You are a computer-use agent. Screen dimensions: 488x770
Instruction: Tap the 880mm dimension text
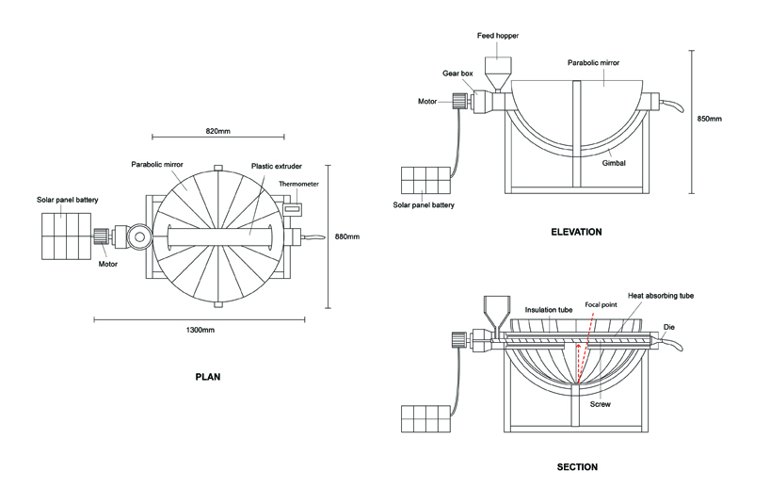pos(348,236)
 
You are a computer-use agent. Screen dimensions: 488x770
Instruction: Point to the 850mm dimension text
pos(709,120)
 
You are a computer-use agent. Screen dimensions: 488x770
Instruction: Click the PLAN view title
pos(207,376)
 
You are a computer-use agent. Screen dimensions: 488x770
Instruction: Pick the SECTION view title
pos(576,466)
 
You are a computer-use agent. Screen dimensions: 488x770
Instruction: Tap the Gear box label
pos(457,73)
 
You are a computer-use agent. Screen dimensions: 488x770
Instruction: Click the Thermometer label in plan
pos(298,184)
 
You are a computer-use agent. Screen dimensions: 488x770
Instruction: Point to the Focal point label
pos(601,305)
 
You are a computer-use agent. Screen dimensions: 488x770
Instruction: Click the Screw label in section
pos(600,404)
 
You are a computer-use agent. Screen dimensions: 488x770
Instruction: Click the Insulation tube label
pos(546,309)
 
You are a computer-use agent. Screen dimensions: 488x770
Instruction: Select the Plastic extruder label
pos(274,166)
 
